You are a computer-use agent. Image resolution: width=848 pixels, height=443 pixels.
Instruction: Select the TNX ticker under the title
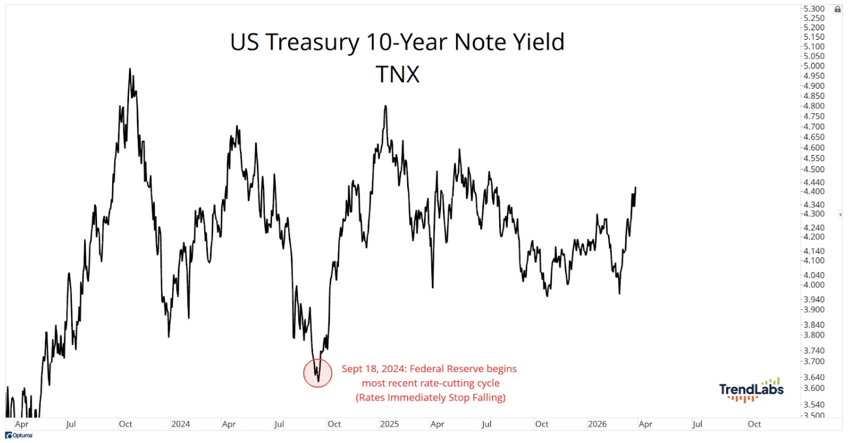[397, 75]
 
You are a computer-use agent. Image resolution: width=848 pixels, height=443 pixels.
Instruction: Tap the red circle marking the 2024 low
[318, 373]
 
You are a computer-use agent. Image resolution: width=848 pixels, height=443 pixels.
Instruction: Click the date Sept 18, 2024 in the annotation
[371, 370]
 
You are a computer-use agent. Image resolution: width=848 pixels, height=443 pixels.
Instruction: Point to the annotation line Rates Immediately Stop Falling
[430, 398]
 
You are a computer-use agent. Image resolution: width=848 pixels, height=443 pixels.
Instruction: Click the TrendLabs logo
[752, 390]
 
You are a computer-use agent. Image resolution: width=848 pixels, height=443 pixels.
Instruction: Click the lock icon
[838, 10]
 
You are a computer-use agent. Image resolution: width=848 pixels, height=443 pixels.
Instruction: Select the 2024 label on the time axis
[181, 424]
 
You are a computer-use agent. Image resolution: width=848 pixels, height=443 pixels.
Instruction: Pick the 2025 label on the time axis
[389, 424]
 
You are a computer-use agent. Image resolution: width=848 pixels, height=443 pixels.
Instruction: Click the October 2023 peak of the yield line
[130, 69]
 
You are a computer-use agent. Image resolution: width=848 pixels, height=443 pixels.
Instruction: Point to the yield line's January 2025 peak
[386, 105]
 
